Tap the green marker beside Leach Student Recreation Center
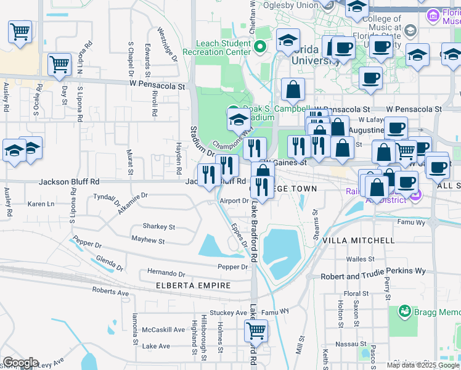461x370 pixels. click(261, 46)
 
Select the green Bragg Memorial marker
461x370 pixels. click(405, 311)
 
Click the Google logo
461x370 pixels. click(20, 363)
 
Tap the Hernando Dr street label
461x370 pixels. click(166, 273)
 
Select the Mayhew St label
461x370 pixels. click(148, 241)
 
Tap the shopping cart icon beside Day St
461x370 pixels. click(59, 64)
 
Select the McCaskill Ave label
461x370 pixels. click(163, 330)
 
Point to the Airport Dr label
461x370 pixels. click(234, 201)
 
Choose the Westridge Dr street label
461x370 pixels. click(167, 44)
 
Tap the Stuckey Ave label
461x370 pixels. click(228, 313)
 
